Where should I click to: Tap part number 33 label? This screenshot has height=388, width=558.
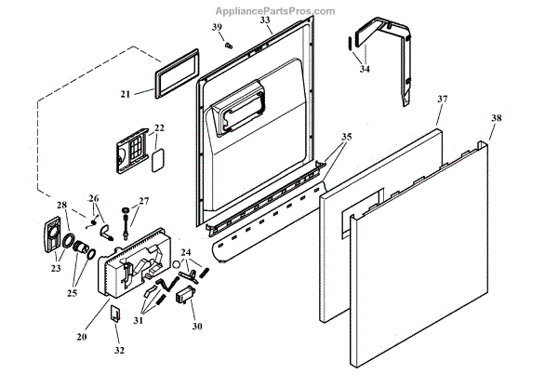click(265, 19)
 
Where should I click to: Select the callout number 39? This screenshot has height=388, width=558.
click(216, 27)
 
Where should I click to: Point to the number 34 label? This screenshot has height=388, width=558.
click(364, 69)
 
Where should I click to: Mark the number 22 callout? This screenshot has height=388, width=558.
click(159, 127)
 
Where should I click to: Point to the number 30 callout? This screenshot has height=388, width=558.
click(196, 326)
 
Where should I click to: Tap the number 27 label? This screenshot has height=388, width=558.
click(143, 201)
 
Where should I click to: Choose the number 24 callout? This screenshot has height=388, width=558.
click(185, 252)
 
